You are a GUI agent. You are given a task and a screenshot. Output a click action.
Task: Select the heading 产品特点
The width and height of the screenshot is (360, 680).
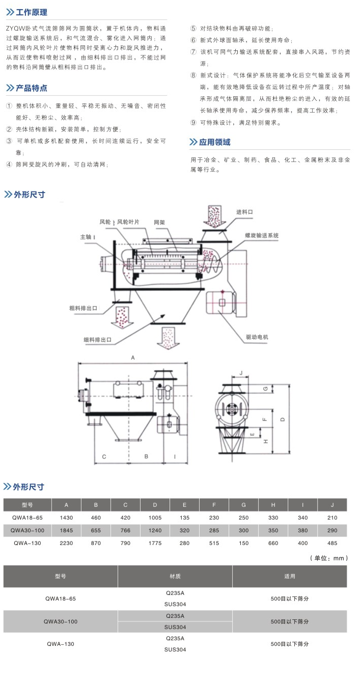click(32, 88)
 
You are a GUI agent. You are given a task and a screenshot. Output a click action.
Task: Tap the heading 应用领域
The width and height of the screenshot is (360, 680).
click(214, 142)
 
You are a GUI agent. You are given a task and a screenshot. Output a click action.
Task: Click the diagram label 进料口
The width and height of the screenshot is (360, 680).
click(244, 211)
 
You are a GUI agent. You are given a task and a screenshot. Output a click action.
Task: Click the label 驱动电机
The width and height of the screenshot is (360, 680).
click(256, 337)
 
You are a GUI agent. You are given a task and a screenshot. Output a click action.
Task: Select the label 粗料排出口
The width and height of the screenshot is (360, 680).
click(84, 308)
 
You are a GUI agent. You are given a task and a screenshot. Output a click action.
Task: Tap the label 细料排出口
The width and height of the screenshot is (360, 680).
click(97, 339)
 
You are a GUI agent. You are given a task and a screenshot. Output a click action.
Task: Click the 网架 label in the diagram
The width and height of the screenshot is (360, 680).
click(160, 222)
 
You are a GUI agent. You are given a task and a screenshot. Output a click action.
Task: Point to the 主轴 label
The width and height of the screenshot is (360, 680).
click(86, 237)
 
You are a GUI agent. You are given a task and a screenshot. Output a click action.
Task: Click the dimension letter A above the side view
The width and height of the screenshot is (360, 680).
click(133, 358)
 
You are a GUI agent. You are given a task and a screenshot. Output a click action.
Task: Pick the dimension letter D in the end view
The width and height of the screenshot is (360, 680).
click(282, 419)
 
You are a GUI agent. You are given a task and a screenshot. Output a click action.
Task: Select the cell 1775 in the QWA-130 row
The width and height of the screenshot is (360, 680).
click(155, 543)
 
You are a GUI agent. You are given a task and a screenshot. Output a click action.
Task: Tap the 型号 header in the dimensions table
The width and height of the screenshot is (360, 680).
click(27, 505)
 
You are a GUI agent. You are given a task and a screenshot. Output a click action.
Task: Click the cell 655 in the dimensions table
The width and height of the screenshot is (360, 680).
click(96, 530)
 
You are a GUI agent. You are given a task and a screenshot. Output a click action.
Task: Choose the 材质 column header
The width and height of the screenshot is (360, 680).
click(175, 577)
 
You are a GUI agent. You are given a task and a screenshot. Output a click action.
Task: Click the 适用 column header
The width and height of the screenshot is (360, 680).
click(290, 577)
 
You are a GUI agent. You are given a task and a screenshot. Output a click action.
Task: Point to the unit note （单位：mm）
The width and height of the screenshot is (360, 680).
click(329, 558)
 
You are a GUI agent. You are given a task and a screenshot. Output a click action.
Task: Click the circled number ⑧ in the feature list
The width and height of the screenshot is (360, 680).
click(193, 75)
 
